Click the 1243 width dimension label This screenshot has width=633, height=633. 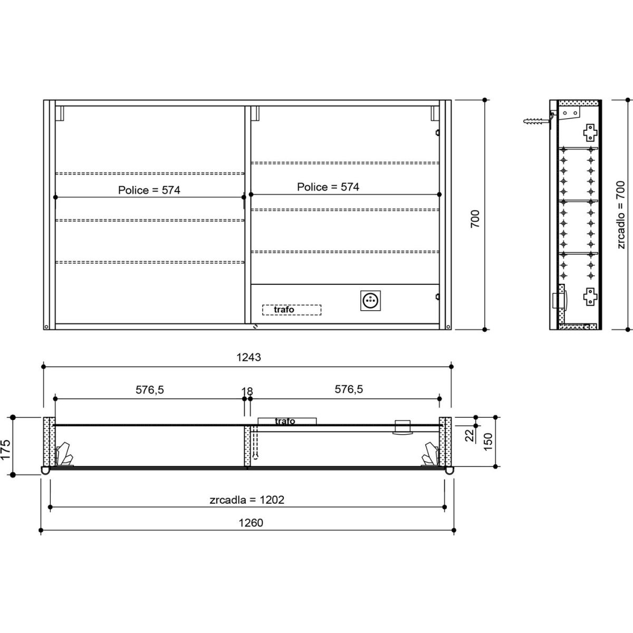(248, 357)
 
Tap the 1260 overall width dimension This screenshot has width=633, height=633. (251, 523)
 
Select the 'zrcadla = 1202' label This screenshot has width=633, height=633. (247, 500)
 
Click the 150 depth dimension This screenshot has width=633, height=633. (488, 442)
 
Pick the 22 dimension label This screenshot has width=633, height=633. (470, 436)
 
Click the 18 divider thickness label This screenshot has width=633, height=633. (247, 391)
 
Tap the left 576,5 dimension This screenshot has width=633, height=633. (149, 390)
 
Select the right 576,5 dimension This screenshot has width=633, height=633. (349, 389)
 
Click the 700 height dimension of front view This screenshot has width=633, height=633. (475, 219)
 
